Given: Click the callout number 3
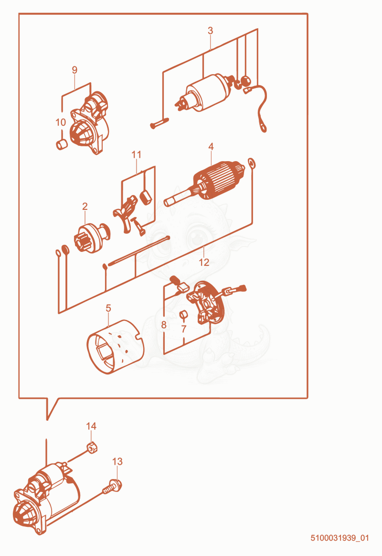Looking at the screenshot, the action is [x=210, y=31].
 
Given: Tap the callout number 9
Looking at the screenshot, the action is [x=74, y=70].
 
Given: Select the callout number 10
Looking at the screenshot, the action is [x=61, y=122].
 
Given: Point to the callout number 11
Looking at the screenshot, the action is [x=136, y=154].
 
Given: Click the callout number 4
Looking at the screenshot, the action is [x=211, y=146].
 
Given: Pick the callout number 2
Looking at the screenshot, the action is [x=85, y=207].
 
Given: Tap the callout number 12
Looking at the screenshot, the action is [x=204, y=262].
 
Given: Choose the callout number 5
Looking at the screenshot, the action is [x=108, y=308].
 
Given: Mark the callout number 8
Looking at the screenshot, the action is [x=164, y=325].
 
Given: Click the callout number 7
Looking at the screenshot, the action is [x=183, y=329].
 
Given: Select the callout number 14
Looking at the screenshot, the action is [x=91, y=426].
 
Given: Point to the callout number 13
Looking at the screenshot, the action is [x=117, y=461].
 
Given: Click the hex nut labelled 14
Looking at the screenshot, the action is [x=92, y=448].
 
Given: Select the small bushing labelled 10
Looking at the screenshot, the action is [x=62, y=144].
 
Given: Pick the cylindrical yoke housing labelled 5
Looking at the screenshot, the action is [x=116, y=347].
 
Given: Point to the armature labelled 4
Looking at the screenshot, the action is [x=205, y=183].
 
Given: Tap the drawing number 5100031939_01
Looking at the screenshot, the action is [x=340, y=537].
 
